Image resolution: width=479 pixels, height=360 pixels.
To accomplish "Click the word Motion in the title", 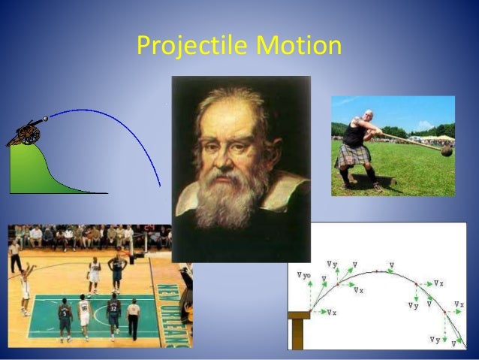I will click(299, 47).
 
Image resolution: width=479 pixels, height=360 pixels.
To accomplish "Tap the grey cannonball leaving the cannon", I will click(45, 118).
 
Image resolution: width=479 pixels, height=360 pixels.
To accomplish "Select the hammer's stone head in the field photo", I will click(446, 151).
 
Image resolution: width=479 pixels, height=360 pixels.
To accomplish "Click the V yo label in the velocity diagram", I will click(303, 276).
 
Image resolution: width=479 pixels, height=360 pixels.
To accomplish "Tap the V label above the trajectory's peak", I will click(391, 265).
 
